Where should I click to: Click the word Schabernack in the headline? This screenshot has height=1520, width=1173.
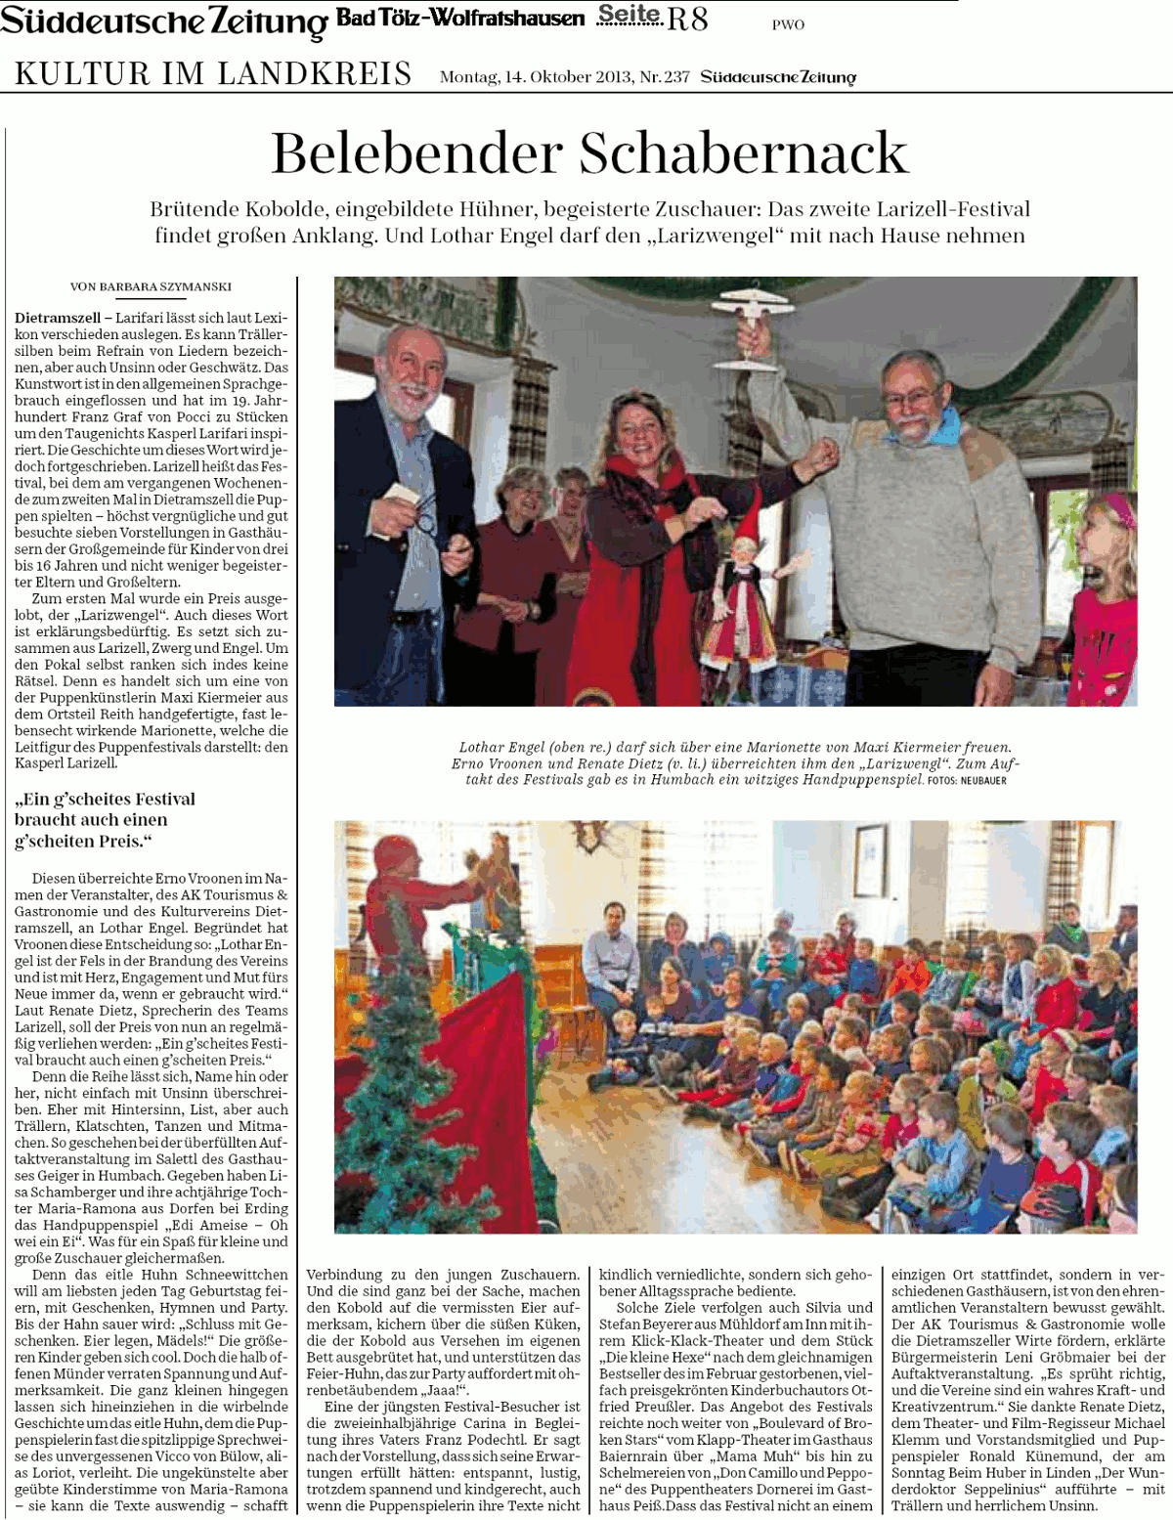[x=744, y=153]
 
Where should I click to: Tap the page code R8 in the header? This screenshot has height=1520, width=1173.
[x=687, y=18]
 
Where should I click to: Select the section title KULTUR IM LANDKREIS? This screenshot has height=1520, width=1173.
[x=213, y=74]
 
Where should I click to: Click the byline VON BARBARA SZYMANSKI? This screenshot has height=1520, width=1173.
[x=151, y=286]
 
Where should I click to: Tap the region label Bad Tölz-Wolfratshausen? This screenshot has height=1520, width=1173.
[x=460, y=19]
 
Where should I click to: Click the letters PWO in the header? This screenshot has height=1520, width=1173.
[x=788, y=25]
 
